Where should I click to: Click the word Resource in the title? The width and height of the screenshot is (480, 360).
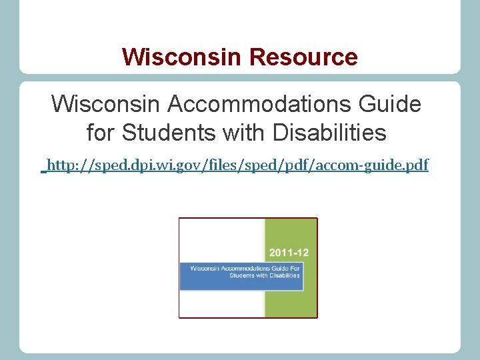click(303, 57)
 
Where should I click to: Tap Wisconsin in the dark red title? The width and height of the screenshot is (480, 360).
click(183, 57)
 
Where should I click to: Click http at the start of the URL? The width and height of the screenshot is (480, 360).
click(60, 165)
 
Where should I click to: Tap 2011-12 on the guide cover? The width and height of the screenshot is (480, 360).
click(289, 253)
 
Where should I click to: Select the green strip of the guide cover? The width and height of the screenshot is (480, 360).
click(291, 300)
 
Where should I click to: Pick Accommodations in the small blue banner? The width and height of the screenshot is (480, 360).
click(238, 268)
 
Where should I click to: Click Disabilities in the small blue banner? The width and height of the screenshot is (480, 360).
click(285, 275)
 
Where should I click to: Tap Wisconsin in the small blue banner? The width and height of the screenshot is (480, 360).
click(203, 268)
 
